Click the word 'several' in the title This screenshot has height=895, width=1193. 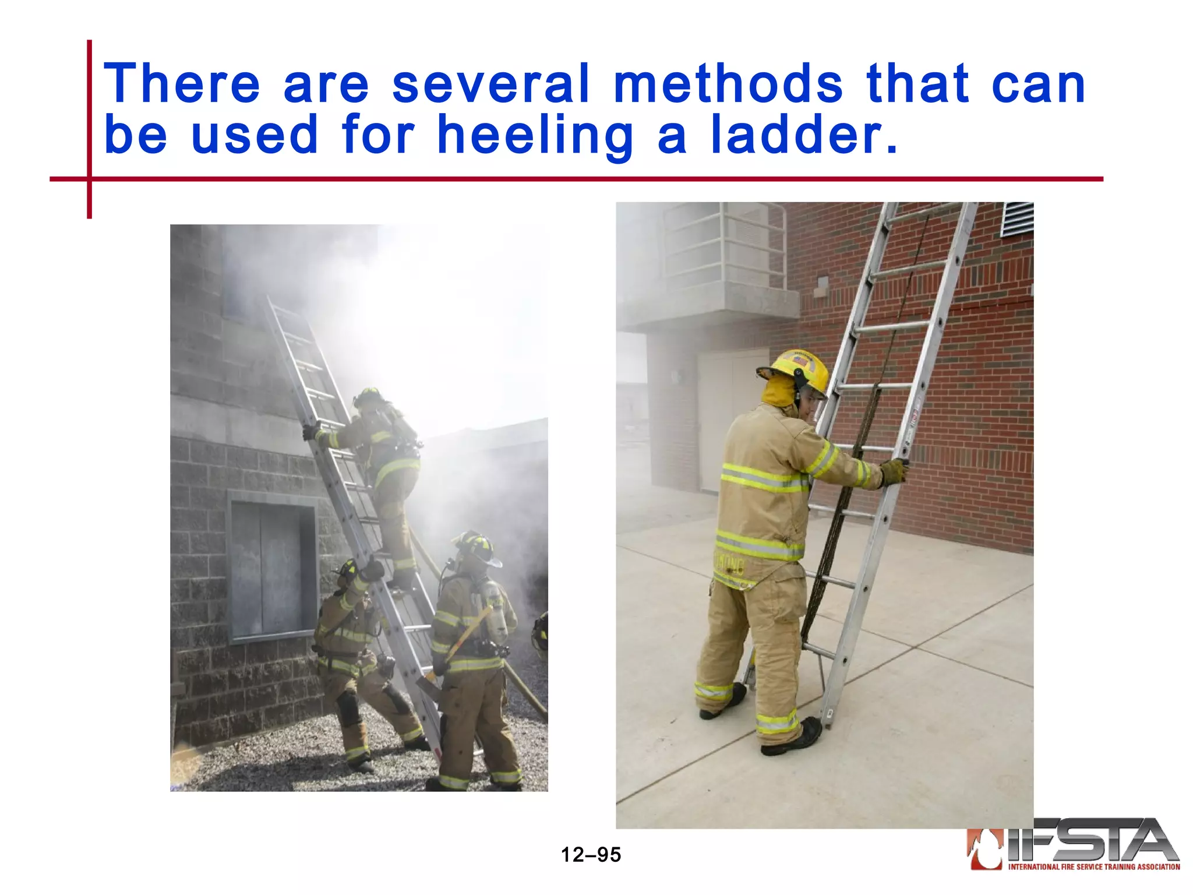[x=490, y=84]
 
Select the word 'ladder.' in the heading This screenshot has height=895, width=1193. [x=804, y=135]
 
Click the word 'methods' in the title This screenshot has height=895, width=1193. [x=728, y=84]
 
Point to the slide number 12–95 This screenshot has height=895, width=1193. [x=591, y=855]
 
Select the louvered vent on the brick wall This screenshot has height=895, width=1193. [x=1016, y=219]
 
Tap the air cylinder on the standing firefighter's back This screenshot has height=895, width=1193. [x=495, y=612]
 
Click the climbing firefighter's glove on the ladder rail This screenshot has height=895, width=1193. [x=310, y=432]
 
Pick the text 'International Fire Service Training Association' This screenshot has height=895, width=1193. [x=1094, y=867]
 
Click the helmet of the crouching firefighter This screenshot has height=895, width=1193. [x=348, y=571]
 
